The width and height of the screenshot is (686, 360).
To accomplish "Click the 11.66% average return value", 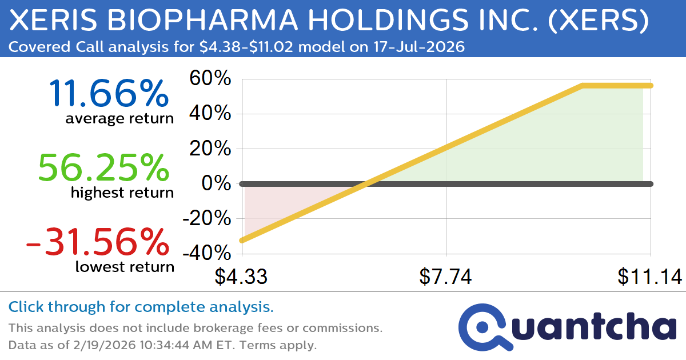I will pos(109,94).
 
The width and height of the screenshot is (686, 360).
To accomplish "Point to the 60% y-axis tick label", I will pos(210,79).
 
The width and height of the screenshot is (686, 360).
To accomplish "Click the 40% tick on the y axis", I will pos(210,114).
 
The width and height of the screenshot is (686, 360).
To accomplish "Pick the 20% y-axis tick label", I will pos(210,149).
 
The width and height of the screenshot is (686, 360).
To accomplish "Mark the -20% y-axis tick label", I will pos(207,219).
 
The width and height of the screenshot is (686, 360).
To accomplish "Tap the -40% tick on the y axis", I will pos(207,254).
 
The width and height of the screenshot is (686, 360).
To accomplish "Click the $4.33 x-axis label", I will pos(241,277).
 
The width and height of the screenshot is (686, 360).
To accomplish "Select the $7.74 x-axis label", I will pos(445,277).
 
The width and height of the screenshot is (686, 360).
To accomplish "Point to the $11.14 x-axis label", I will pos(649,277).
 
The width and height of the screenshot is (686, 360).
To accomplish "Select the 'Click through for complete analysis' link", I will pos(141,307).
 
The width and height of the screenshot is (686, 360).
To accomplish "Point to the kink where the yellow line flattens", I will pos(582,86).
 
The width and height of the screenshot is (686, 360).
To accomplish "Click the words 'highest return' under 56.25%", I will pos(122,193).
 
